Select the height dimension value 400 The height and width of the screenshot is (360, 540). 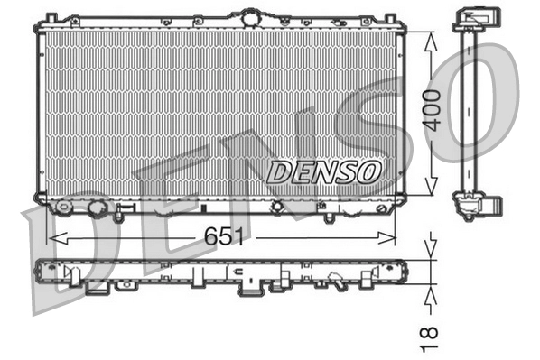pos(433,110)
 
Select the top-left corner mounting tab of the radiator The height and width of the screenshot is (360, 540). pos(51,17)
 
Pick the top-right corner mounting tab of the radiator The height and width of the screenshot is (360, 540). pos(391,17)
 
